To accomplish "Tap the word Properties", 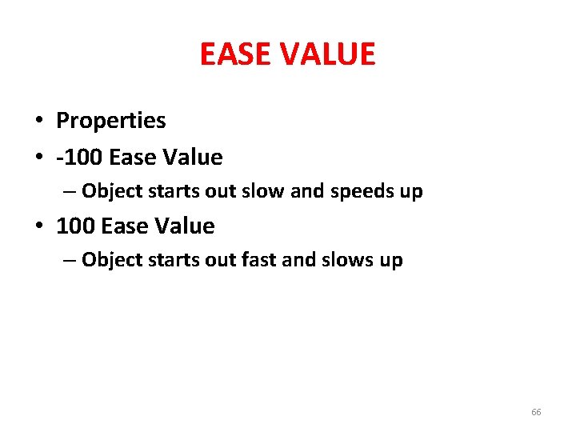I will [110, 121].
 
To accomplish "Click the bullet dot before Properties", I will [38, 122].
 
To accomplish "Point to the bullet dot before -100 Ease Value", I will [38, 158].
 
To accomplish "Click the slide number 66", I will [536, 412].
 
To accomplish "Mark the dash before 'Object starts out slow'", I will [71, 192].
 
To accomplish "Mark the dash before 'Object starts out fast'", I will [71, 261].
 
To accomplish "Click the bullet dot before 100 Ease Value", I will [38, 226].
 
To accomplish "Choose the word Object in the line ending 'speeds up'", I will [111, 192].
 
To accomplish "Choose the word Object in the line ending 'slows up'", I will [111, 261].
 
